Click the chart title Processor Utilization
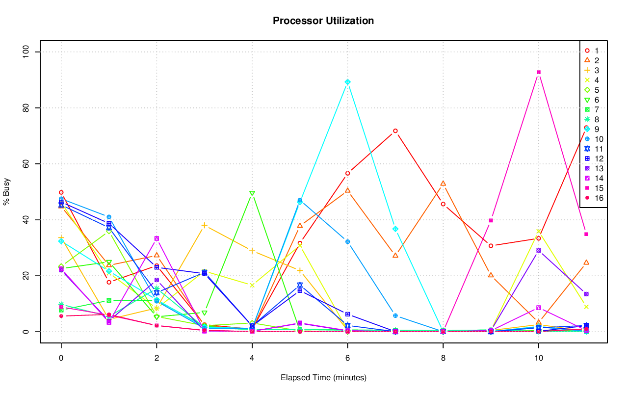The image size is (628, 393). (323, 21)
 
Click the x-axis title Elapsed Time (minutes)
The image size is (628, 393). (323, 378)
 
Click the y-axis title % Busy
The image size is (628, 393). (7, 192)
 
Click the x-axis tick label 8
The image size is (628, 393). (443, 359)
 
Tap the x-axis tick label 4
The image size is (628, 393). (252, 359)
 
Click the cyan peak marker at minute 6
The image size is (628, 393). (348, 82)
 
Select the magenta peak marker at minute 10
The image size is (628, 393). (539, 72)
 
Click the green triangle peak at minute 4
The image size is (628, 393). (252, 194)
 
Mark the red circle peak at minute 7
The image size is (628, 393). (395, 131)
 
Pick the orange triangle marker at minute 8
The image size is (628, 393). (443, 183)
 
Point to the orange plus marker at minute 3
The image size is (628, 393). (205, 225)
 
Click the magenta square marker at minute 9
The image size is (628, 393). (491, 220)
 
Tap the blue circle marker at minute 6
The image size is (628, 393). (348, 242)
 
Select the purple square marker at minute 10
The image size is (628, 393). (539, 251)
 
